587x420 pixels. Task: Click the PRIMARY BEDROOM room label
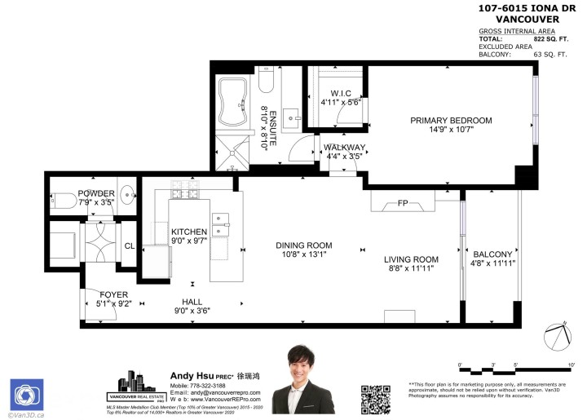click(x=451, y=121)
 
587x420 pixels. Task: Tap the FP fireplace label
click(x=403, y=204)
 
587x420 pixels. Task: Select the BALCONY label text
click(x=492, y=254)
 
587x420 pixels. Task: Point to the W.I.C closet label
click(x=334, y=93)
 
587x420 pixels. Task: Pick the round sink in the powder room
click(x=126, y=195)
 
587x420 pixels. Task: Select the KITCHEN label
click(x=189, y=232)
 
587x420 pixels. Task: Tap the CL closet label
click(x=130, y=244)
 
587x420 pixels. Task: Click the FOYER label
click(x=113, y=294)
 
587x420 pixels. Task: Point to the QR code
click(x=376, y=397)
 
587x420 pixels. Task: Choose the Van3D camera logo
click(x=25, y=394)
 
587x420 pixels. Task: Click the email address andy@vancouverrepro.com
click(x=216, y=392)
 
